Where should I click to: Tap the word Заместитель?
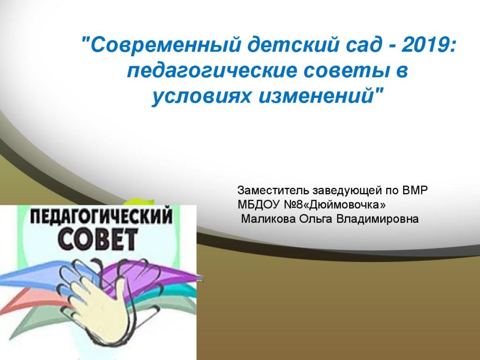pyautogui.click(x=273, y=190)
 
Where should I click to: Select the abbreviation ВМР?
pyautogui.click(x=415, y=190)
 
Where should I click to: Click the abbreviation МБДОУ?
pyautogui.click(x=258, y=204)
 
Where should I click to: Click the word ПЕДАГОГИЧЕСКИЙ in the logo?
pyautogui.click(x=101, y=217)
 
